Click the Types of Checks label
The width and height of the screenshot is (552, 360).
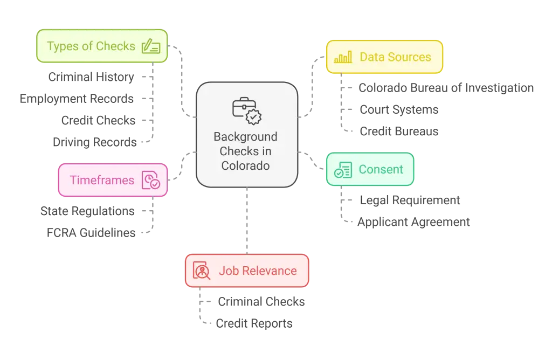pos(91,46)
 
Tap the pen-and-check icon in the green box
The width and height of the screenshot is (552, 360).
pos(150,47)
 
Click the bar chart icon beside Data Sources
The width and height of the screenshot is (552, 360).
pos(343,57)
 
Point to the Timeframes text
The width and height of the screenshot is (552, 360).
pos(102,180)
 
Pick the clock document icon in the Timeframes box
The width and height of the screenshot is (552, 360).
pos(150,180)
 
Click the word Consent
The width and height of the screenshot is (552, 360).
pos(381,170)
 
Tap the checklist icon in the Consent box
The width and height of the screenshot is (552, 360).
pos(343,170)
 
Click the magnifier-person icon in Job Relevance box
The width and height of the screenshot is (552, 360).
pos(201,271)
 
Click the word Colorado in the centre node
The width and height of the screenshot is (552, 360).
pos(245,165)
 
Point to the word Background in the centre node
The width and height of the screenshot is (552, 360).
pos(245,137)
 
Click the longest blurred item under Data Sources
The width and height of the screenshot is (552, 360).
pos(446,88)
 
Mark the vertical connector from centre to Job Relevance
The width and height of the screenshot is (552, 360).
pos(247,221)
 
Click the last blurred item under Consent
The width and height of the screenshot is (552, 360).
pos(413,221)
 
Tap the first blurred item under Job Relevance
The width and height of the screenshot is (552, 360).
pos(260,301)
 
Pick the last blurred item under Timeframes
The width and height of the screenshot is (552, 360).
pos(92,232)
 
